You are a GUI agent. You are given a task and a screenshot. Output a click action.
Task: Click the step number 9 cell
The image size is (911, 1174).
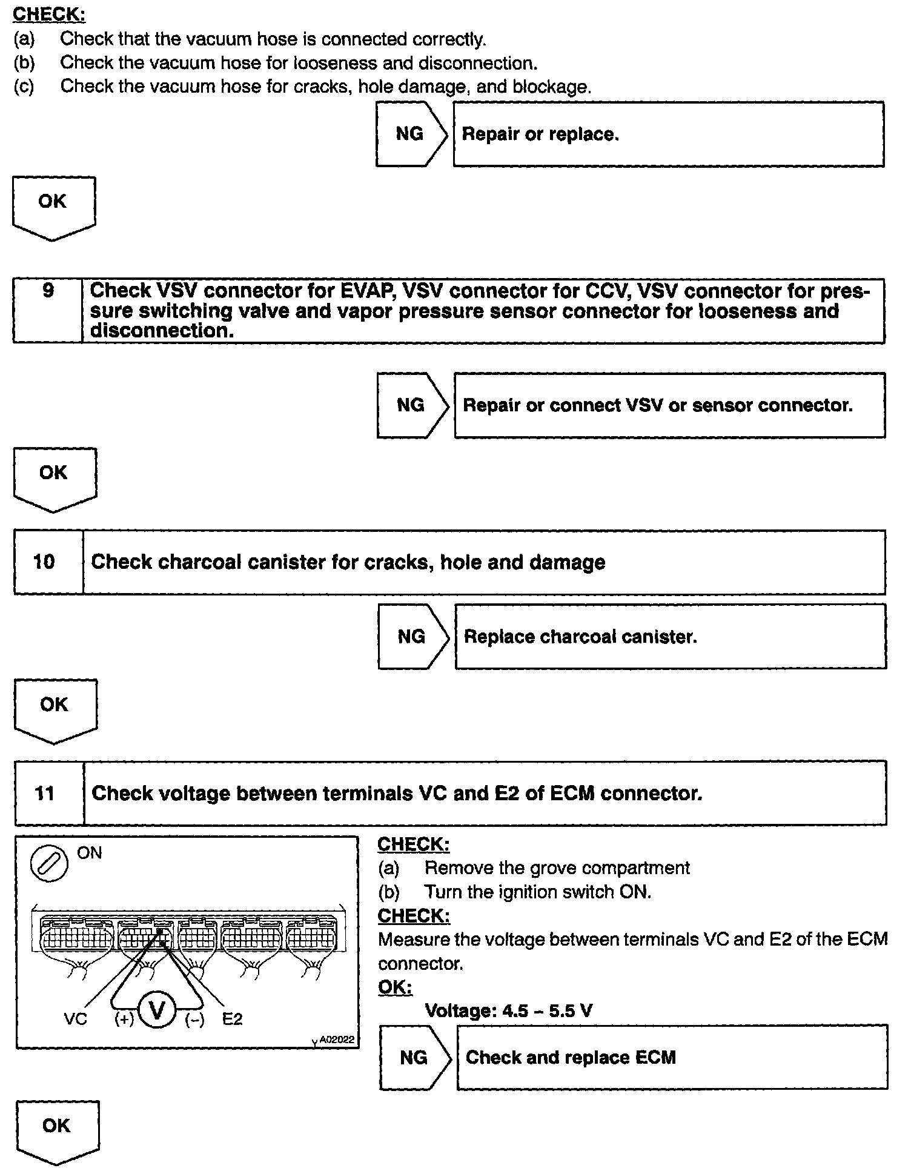coord(48,310)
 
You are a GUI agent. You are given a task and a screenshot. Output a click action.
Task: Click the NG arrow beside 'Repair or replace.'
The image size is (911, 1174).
coord(410,134)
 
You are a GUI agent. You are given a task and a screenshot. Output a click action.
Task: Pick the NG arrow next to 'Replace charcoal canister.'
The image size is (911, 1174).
coord(412,636)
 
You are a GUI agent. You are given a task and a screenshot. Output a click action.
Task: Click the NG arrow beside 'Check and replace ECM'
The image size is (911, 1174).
coord(414,1057)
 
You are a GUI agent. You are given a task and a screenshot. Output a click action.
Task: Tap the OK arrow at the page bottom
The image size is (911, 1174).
coord(57,1129)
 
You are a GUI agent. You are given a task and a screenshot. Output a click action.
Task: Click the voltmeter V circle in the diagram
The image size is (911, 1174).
coord(157,1010)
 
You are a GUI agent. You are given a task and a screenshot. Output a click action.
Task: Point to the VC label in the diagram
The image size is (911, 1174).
coord(76,1019)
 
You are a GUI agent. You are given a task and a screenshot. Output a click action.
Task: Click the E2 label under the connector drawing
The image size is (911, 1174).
coord(232,1019)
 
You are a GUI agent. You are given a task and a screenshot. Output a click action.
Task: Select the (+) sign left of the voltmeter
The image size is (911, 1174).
coord(124,1019)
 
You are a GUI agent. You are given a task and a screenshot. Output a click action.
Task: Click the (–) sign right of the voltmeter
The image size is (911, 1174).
coord(194,1019)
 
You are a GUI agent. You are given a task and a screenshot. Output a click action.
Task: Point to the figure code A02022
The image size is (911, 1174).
coord(336,1040)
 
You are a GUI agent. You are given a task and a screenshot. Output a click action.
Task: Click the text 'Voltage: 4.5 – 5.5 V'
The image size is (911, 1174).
coord(508,1010)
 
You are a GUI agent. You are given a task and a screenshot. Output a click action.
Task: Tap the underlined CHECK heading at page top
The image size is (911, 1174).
coord(49,14)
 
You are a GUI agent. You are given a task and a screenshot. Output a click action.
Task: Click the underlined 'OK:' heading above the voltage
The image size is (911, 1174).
coord(395,987)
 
